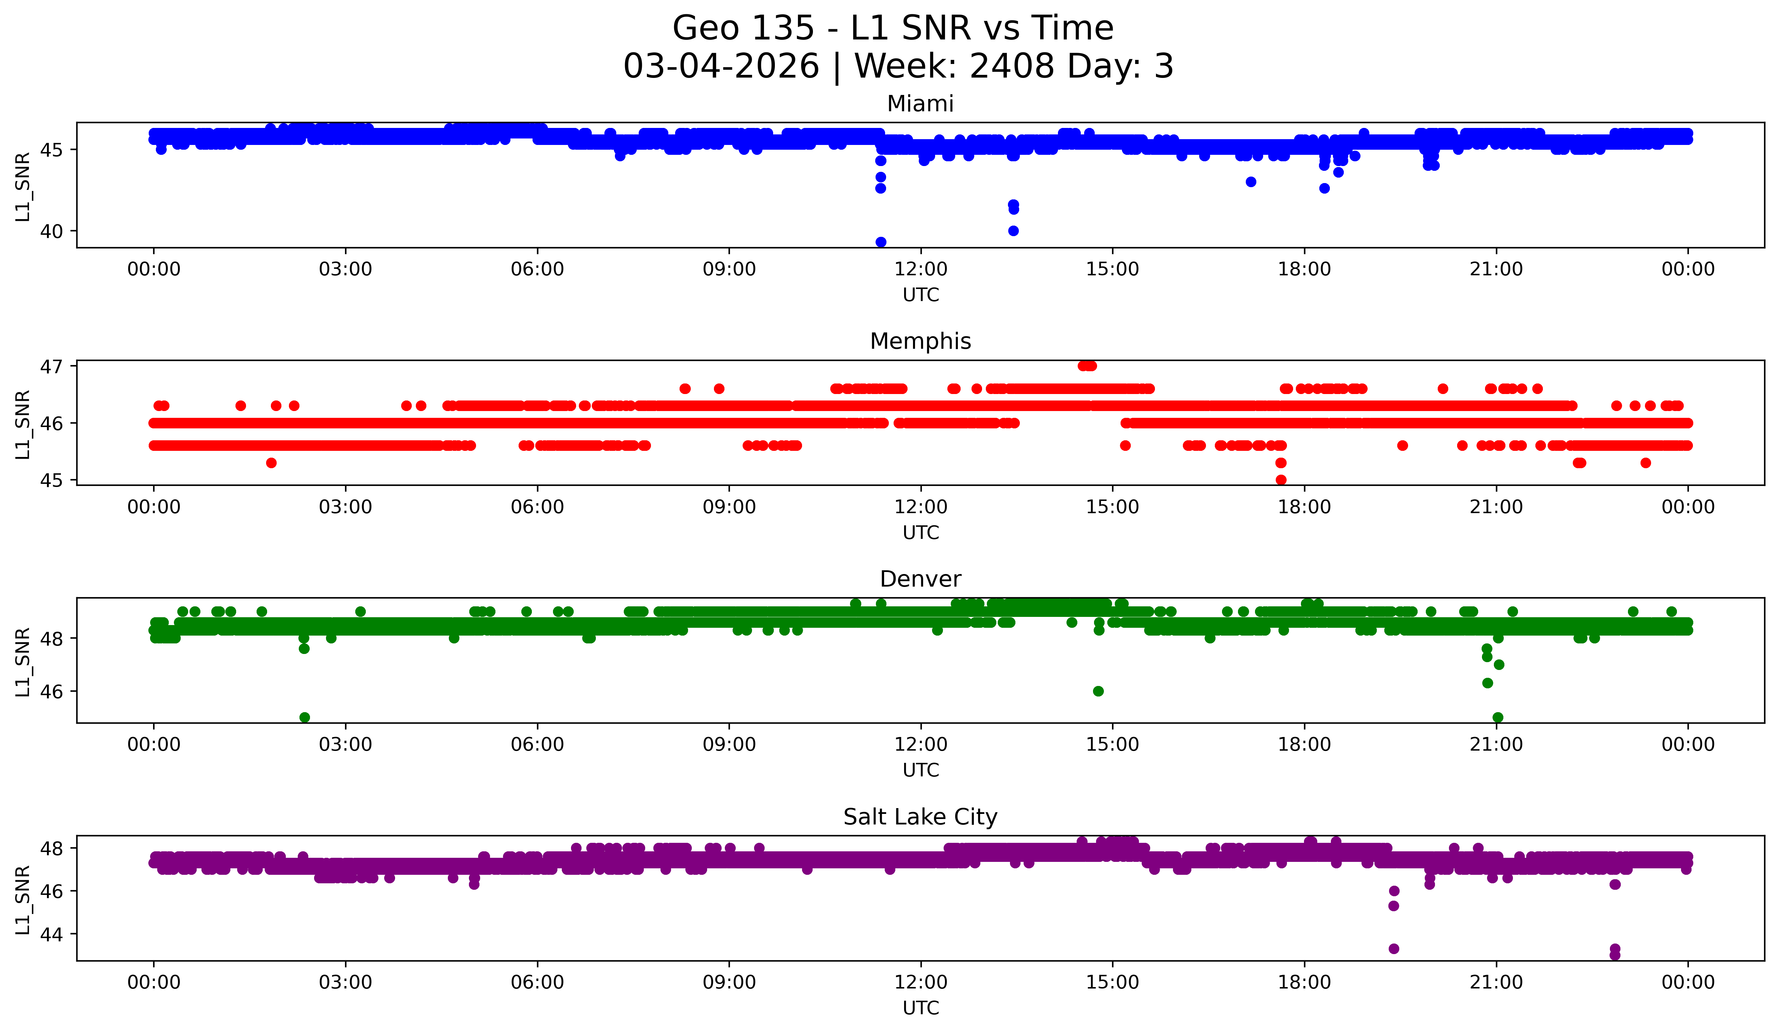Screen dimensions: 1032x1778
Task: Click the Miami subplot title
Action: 920,104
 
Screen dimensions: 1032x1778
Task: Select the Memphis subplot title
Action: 920,341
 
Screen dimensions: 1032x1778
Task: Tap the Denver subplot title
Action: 920,579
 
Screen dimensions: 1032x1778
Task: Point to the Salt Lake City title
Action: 920,817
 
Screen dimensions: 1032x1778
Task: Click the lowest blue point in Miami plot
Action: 881,242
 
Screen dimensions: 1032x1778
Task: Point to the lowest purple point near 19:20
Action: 1393,949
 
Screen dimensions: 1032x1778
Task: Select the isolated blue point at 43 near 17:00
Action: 1251,182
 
